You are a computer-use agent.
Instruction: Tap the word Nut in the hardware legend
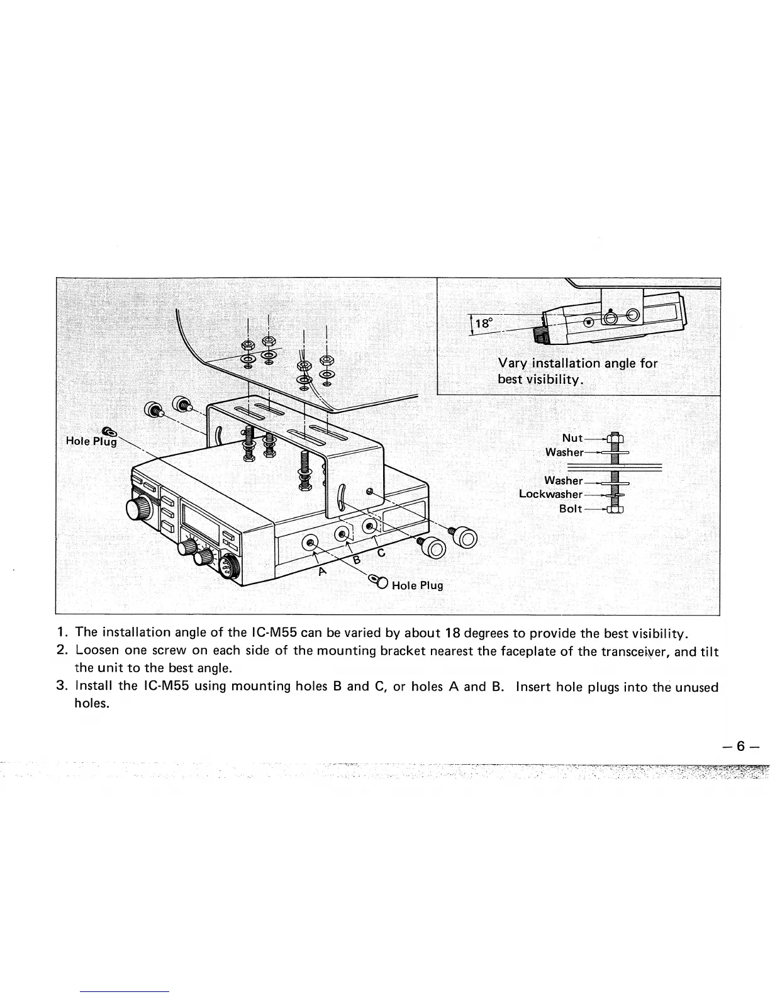[572, 439]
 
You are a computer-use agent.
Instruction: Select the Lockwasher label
[550, 493]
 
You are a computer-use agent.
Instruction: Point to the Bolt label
[571, 509]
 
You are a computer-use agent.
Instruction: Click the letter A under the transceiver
[323, 572]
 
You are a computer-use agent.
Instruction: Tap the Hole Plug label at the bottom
[417, 585]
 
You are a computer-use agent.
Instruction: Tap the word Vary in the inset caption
[512, 363]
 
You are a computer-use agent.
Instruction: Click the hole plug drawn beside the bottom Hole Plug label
[379, 583]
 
